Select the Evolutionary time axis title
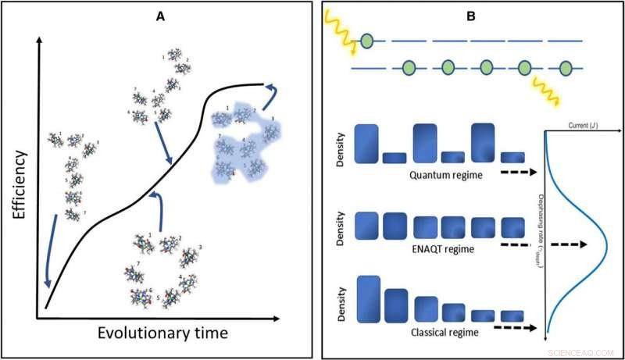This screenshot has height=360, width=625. [x=162, y=333]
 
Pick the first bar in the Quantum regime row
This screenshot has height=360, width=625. [x=367, y=144]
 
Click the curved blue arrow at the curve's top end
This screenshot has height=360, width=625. [x=267, y=92]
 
